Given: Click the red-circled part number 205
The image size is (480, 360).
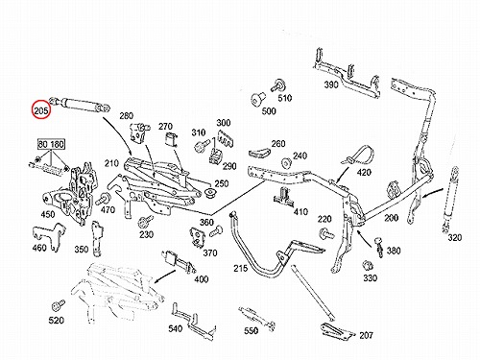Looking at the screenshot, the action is (41, 110).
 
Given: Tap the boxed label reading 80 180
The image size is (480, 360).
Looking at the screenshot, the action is (51, 144).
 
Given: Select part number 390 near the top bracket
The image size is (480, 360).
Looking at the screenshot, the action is (331, 84).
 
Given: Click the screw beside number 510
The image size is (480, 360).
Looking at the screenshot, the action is (277, 84).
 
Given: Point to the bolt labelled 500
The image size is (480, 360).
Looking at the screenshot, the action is (257, 98).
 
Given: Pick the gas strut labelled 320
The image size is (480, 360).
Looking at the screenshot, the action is (450, 199).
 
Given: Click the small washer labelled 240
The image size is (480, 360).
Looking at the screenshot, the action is (286, 163).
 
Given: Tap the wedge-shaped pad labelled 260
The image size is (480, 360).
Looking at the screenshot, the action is (258, 154).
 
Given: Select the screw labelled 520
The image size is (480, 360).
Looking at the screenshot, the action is (59, 305).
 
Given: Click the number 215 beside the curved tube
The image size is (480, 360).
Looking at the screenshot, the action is (241, 268).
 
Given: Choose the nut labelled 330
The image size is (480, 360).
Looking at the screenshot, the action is (368, 266).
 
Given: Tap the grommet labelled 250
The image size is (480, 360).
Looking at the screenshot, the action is (211, 193).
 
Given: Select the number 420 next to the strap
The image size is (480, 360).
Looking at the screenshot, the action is (364, 173).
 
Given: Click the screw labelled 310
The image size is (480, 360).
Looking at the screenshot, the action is (202, 145).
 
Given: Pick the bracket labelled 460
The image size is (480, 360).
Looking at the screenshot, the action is (50, 236).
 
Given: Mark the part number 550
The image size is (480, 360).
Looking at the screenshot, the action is (251, 330).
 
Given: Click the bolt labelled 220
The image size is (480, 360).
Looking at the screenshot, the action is (326, 233).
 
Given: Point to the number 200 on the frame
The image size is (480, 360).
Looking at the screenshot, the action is (391, 218).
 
